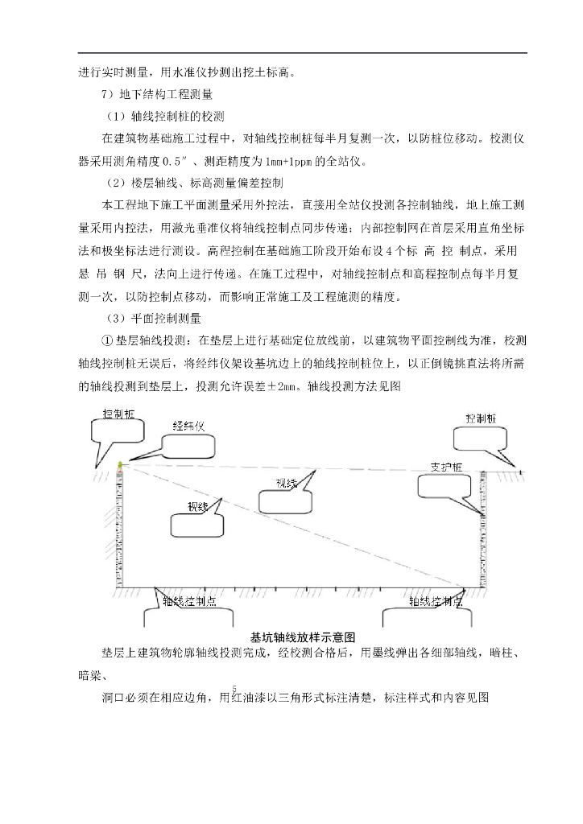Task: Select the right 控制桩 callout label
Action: pyautogui.click(x=481, y=419)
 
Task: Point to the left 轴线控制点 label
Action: pyautogui.click(x=188, y=601)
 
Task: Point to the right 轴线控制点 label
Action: pyautogui.click(x=435, y=601)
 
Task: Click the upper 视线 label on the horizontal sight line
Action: pyautogui.click(x=287, y=483)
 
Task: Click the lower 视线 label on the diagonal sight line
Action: pyautogui.click(x=199, y=507)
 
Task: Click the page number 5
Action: pyautogui.click(x=234, y=688)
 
